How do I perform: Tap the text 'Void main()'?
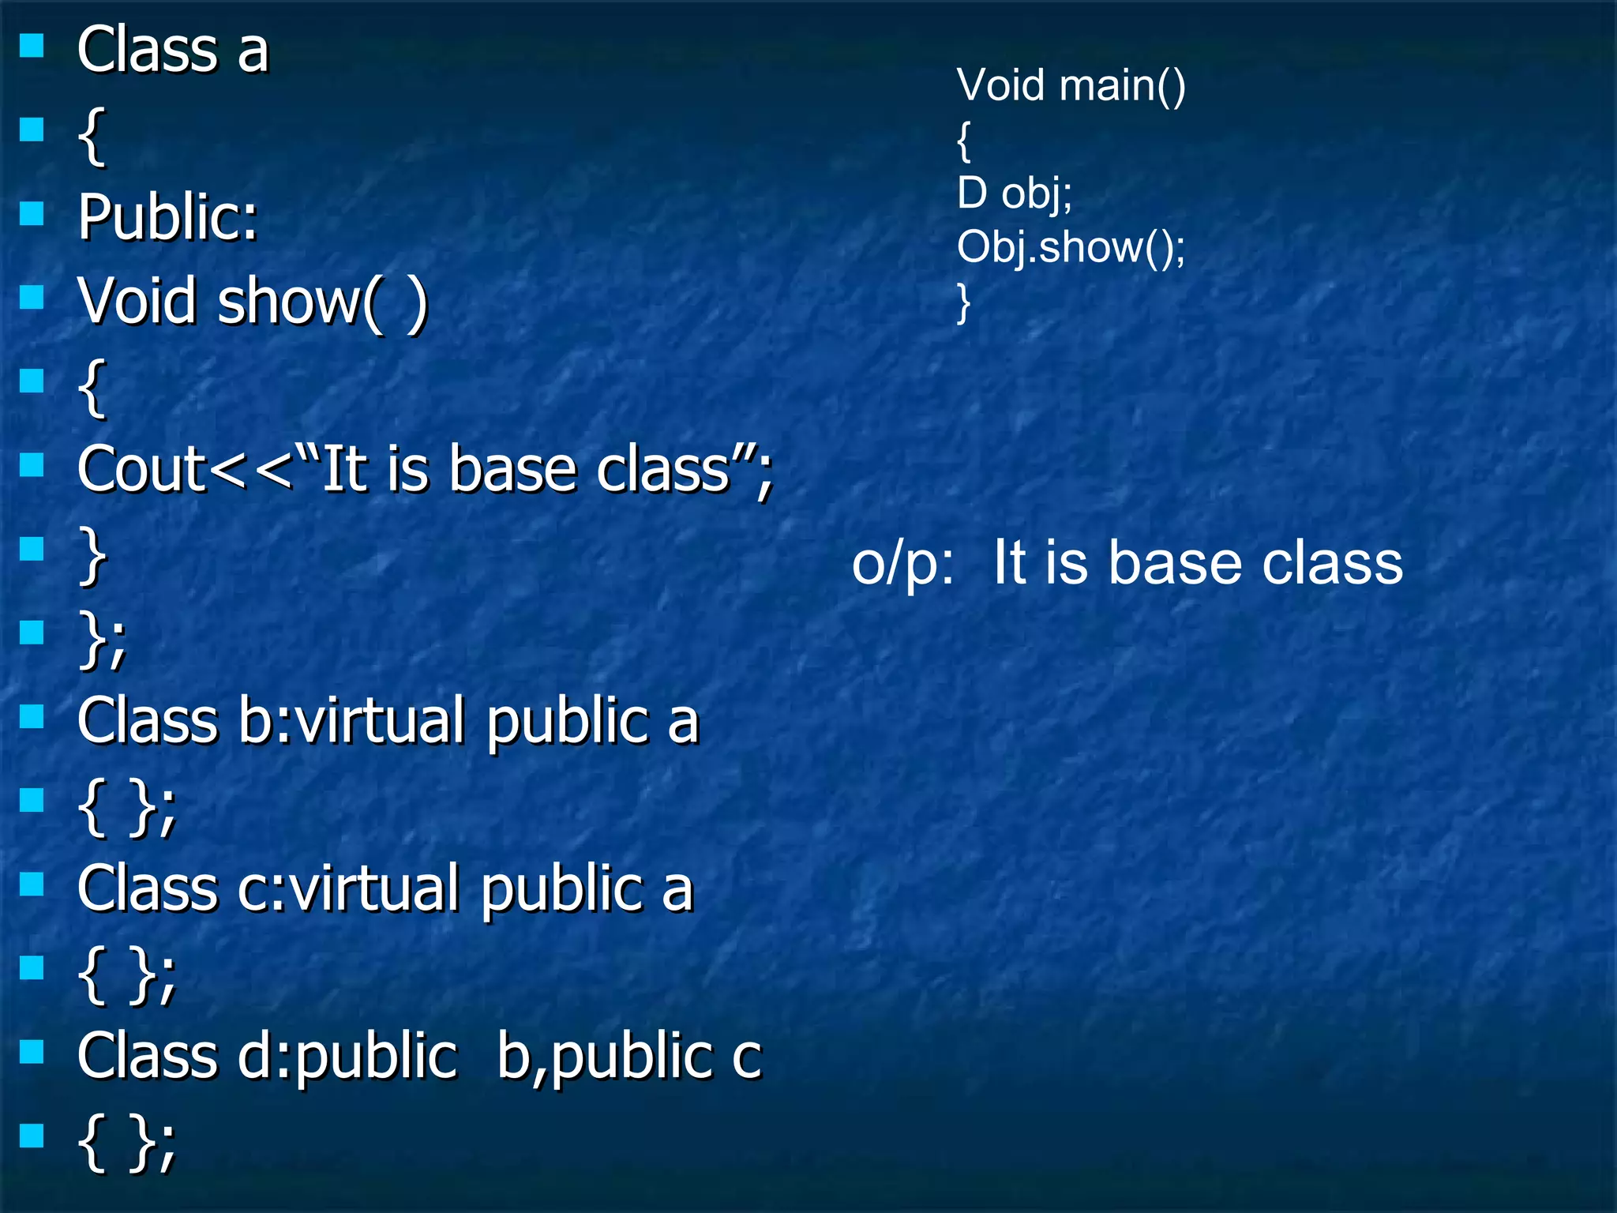[1071, 85]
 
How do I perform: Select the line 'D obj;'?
[1015, 193]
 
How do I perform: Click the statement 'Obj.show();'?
[1071, 247]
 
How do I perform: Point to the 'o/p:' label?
[902, 564]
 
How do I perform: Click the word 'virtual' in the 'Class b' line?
[379, 721]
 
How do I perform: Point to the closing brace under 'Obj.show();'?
[963, 303]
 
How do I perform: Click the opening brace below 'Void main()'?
[963, 141]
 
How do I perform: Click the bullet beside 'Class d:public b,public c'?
[32, 1051]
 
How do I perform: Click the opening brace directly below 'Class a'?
[92, 136]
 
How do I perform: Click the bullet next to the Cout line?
[32, 465]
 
